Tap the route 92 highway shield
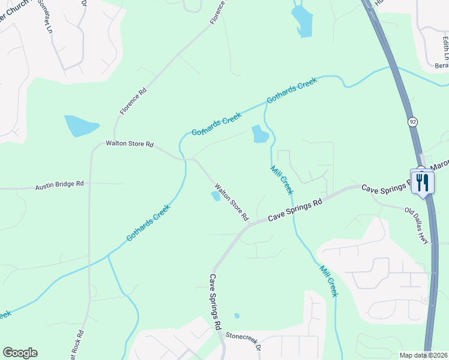[412, 122]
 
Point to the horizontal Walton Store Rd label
[130, 145]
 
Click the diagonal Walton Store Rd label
[232, 202]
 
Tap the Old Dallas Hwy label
[417, 226]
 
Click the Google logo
[20, 353]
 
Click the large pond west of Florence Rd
[80, 126]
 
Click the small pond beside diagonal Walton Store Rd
[215, 196]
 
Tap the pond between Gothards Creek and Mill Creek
[260, 134]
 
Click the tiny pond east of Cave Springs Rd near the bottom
[237, 316]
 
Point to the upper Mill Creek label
[281, 179]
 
